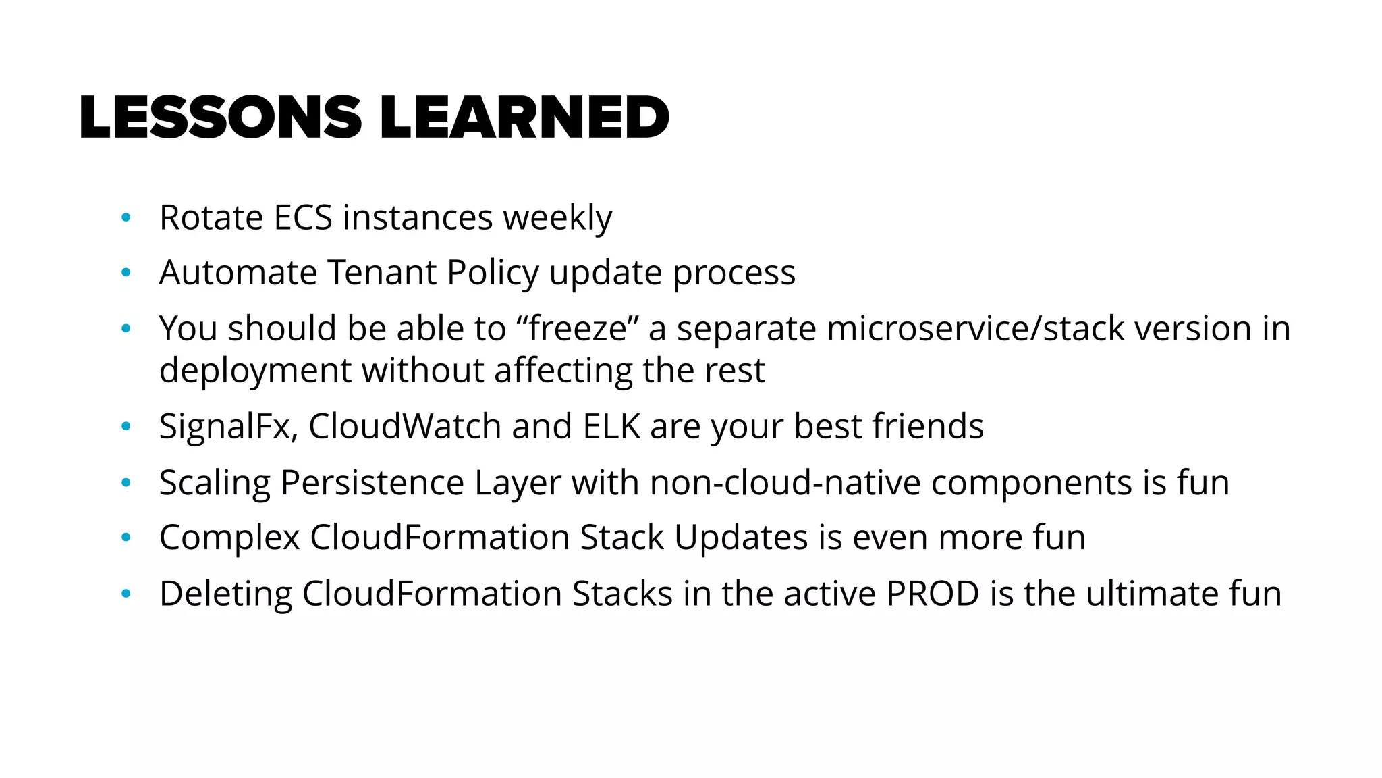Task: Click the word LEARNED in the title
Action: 524,118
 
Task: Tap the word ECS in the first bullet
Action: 303,218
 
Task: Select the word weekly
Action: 557,218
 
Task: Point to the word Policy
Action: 493,273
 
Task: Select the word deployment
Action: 255,371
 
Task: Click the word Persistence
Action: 372,483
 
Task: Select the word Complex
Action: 229,538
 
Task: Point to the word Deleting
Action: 225,594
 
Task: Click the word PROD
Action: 933,594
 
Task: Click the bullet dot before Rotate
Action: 125,218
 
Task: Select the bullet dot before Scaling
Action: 125,483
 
